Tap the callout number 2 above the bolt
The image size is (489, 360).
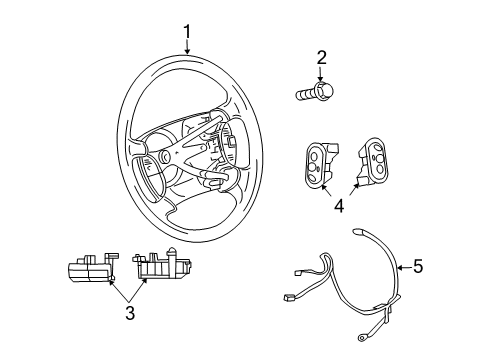[x=322, y=57]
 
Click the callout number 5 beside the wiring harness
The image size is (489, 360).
[x=419, y=266]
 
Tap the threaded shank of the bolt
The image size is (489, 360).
[x=304, y=94]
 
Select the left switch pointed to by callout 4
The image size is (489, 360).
[x=316, y=164]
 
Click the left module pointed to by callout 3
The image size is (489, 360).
[x=90, y=272]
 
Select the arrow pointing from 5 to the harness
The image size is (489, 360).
[x=404, y=266]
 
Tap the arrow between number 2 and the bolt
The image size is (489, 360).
[x=322, y=74]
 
